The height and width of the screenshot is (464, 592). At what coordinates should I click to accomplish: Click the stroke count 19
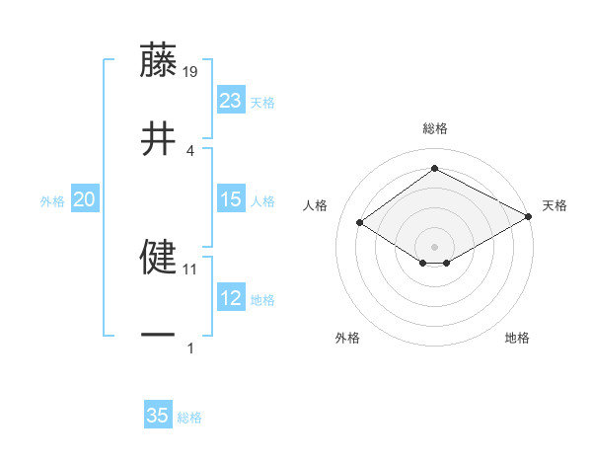pos(191,71)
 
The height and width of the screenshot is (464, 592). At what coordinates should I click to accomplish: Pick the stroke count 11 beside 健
pos(190,268)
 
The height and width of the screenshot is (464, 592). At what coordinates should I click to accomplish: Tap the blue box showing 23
pos(231,101)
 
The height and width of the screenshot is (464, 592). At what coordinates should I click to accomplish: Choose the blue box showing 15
pos(231,199)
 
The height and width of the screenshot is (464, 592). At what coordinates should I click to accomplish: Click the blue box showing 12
pos(231,298)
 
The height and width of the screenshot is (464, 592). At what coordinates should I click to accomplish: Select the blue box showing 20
pos(84,199)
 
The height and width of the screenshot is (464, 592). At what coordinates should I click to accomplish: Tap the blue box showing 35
pos(158,416)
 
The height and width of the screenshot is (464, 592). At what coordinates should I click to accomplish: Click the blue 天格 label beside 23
pos(262,103)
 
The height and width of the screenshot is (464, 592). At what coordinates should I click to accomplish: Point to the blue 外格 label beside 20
pos(52,201)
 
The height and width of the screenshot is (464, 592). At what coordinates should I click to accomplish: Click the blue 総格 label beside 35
pos(189,418)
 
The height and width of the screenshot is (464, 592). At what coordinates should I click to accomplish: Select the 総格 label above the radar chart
pos(434,128)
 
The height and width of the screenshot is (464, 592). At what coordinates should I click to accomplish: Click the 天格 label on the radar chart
pos(555,205)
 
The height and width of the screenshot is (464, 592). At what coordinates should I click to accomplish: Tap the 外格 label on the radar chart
pos(347,338)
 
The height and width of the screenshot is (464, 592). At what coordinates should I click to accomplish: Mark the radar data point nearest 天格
pos(530,217)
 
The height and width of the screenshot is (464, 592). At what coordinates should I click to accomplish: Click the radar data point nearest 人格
pos(360,222)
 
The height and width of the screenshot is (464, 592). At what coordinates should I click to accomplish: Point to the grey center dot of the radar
pos(434,246)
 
